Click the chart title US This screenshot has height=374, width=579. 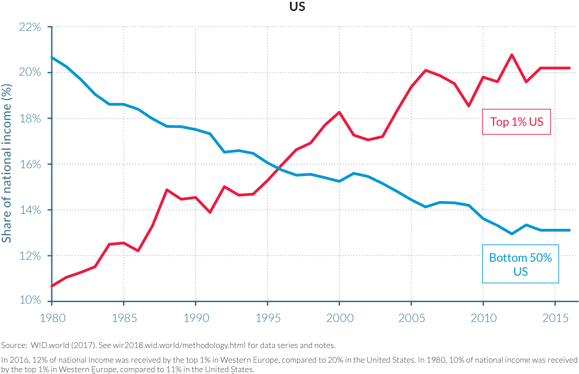pyautogui.click(x=296, y=7)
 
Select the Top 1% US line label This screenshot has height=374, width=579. pyautogui.click(x=516, y=122)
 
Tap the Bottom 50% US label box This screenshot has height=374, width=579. pyautogui.click(x=520, y=264)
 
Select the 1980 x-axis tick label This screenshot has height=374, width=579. pyautogui.click(x=52, y=318)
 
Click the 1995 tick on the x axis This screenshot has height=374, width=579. pyautogui.click(x=268, y=318)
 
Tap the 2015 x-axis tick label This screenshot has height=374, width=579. pyautogui.click(x=555, y=318)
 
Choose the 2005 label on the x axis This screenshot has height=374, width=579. pyautogui.click(x=411, y=318)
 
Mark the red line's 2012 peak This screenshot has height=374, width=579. pyautogui.click(x=512, y=55)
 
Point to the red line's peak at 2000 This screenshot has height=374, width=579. pyautogui.click(x=339, y=112)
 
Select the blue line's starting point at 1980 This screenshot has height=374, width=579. pyautogui.click(x=52, y=57)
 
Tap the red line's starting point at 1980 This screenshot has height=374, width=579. pyautogui.click(x=52, y=286)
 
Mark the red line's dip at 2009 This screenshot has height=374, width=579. pyautogui.click(x=468, y=106)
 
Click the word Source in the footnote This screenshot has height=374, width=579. pyautogui.click(x=11, y=345)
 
